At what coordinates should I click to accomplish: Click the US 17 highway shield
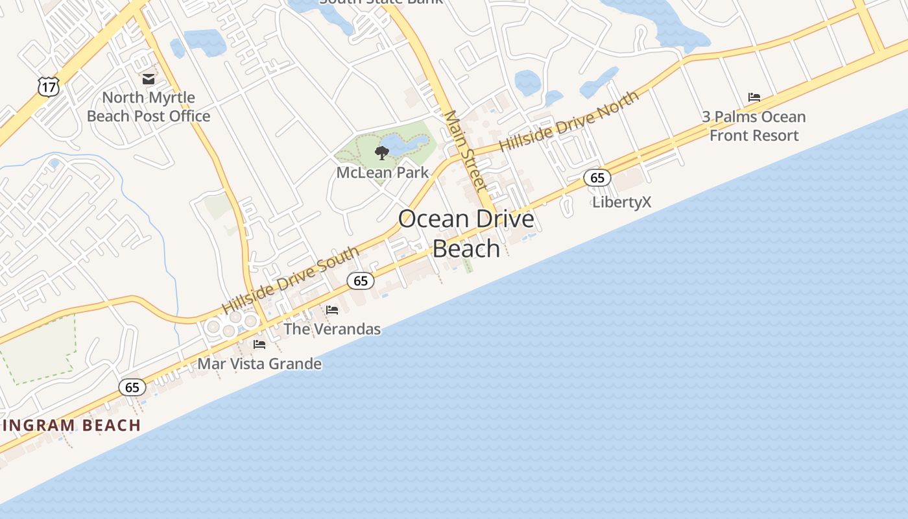(49, 86)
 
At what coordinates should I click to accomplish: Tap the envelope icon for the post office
(149, 79)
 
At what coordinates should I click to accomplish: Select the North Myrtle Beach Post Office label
(149, 107)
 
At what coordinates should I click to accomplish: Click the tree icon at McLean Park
(382, 153)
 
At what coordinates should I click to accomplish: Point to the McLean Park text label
(382, 173)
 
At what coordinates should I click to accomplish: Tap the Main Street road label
(464, 151)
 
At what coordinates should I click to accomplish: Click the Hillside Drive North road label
(569, 121)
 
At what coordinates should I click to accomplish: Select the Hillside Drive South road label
(290, 280)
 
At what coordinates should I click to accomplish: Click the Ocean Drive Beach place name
(466, 234)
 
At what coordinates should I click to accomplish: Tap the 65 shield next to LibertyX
(597, 178)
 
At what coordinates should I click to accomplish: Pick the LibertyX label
(621, 202)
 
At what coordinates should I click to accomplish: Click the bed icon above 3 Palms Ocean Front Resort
(754, 97)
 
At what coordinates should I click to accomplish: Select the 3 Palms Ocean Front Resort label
(754, 127)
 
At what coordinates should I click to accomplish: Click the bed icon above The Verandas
(332, 310)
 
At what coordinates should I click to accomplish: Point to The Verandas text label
(332, 330)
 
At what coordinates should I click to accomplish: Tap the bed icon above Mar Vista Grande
(259, 344)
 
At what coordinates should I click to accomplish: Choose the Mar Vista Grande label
(259, 364)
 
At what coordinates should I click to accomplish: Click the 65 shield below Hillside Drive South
(361, 281)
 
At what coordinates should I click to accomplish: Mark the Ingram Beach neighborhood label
(71, 426)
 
